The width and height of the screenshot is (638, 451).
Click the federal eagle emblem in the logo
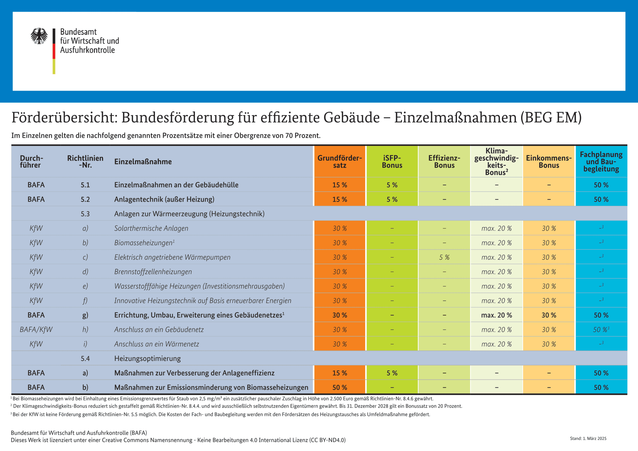39,36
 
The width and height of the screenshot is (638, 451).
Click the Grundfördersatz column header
340,161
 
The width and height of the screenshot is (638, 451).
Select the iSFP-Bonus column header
392,161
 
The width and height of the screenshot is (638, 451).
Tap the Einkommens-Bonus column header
549,161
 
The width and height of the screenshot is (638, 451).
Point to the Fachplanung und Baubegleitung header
601,161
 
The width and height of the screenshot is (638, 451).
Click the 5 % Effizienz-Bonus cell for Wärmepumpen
444,257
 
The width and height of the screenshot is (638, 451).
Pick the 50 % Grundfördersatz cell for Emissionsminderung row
340,387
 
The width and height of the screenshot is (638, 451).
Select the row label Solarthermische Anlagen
151,228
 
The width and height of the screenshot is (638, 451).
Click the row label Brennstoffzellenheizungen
153,272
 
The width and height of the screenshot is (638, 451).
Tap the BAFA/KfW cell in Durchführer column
36,330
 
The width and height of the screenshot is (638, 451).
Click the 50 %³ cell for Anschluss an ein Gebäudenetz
601,330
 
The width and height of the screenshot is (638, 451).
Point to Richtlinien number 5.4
85,359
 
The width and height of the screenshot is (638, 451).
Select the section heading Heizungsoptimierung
147,359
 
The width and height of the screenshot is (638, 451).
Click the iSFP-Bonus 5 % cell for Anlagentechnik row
392,200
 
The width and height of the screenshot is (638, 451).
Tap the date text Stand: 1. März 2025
588,439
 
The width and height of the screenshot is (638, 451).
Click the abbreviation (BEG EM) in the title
551,118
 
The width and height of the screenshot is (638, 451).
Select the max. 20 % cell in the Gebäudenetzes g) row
496,315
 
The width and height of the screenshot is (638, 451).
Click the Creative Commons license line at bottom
178,440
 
